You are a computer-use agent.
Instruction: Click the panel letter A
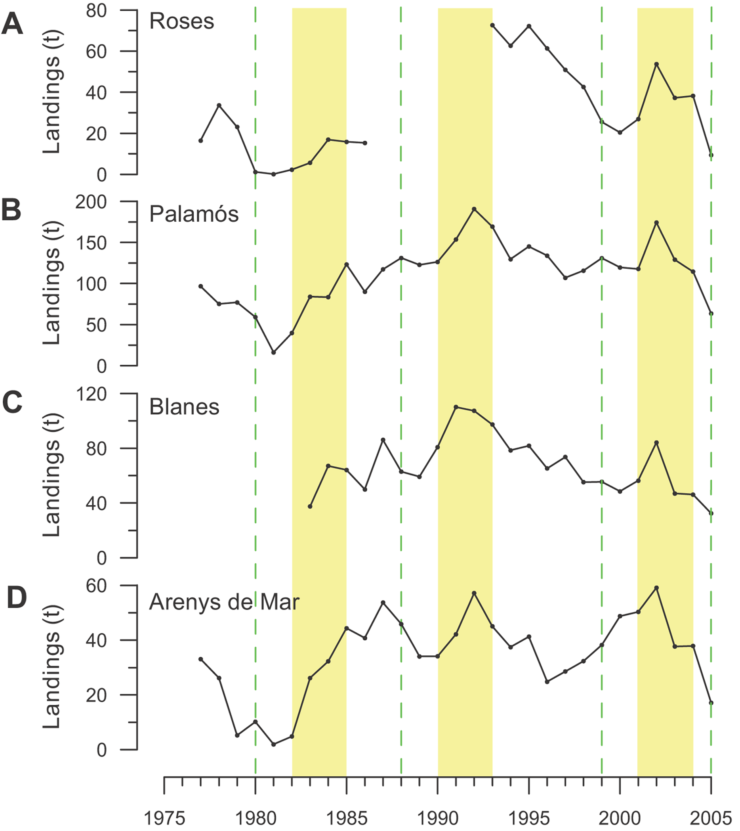12,24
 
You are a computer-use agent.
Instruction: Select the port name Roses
181,21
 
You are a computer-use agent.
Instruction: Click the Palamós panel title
194,214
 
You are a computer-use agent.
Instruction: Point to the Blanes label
184,407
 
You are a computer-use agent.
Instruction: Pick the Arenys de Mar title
224,602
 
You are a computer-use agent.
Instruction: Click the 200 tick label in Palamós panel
91,202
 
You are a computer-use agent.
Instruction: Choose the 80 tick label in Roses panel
96,11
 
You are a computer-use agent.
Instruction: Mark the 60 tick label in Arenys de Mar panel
96,586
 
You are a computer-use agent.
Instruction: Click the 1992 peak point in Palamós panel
474,209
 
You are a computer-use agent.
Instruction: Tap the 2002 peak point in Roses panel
656,64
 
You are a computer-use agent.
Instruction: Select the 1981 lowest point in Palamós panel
274,352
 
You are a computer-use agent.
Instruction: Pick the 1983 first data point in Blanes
310,507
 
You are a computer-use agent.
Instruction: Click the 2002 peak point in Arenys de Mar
656,588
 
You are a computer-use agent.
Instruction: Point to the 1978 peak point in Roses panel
219,105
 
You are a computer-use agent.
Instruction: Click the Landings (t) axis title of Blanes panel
52,475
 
